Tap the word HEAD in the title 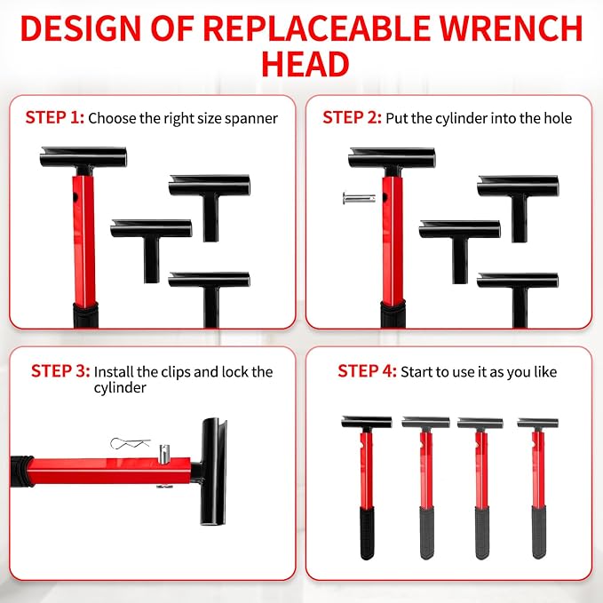[x=305, y=64]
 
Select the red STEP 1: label [x=54, y=117]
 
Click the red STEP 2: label [x=352, y=117]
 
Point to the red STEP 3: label [x=60, y=371]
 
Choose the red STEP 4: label [x=367, y=371]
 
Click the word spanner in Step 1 [x=251, y=119]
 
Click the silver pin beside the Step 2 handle [x=359, y=198]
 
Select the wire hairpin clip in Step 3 [x=130, y=443]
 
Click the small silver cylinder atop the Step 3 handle [x=164, y=454]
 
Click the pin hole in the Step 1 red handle [x=75, y=198]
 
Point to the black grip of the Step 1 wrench [x=85, y=315]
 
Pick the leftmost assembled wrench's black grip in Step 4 [x=367, y=533]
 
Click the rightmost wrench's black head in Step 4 [x=537, y=424]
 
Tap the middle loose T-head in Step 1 [x=151, y=250]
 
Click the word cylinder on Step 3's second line [x=120, y=387]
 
